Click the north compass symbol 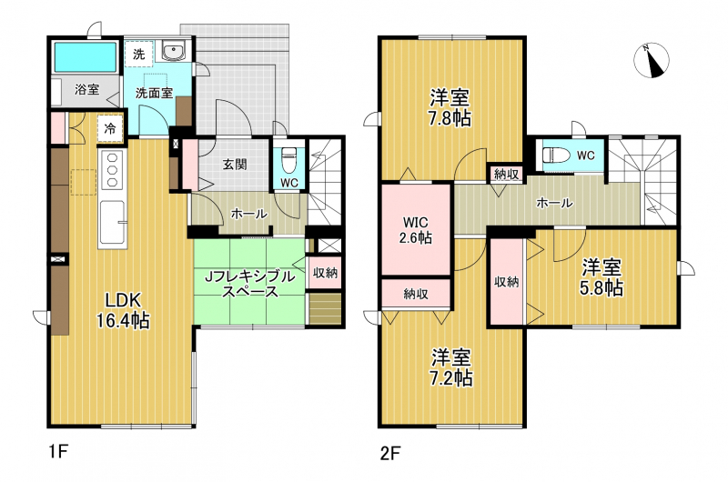[x=652, y=60]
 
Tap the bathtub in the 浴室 [x=86, y=57]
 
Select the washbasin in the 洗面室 [x=174, y=51]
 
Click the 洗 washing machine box [x=139, y=55]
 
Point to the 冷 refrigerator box [x=110, y=128]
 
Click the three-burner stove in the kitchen [x=112, y=170]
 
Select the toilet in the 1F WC [x=288, y=159]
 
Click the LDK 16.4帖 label [x=123, y=310]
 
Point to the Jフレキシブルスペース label [x=250, y=284]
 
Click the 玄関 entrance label [x=235, y=165]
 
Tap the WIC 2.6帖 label [x=416, y=230]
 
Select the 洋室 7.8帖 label [x=450, y=108]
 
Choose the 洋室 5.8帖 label [x=602, y=278]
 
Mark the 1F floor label [x=58, y=451]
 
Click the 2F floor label [x=390, y=453]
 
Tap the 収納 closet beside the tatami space [x=325, y=272]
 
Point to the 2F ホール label [x=554, y=203]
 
